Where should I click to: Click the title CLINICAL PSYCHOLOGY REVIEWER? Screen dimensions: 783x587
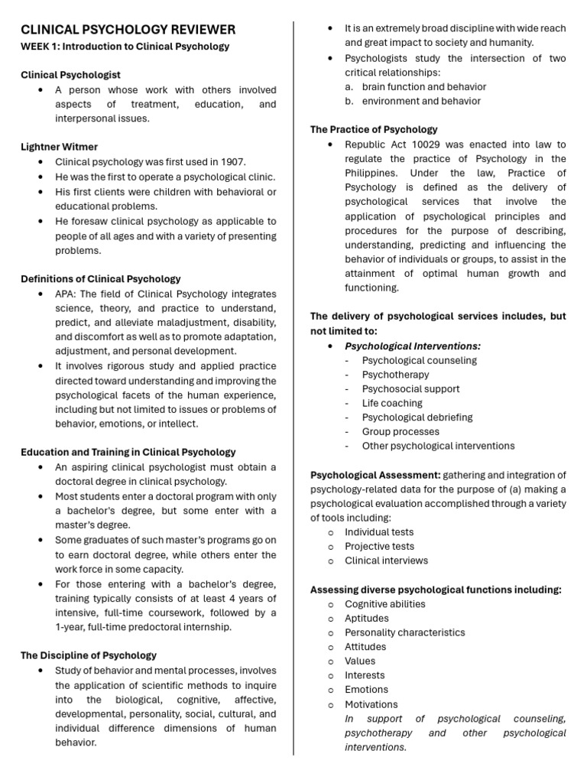(x=128, y=30)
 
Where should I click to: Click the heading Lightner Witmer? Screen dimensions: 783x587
(x=59, y=146)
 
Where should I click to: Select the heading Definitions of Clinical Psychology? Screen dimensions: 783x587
(x=100, y=278)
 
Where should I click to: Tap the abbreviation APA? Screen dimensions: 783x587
(x=64, y=294)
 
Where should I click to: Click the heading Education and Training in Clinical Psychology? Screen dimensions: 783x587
(x=128, y=452)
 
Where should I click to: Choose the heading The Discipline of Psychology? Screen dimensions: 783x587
(x=88, y=655)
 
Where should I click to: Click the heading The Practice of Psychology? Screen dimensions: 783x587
(x=374, y=129)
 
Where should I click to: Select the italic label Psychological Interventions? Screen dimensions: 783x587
(x=413, y=346)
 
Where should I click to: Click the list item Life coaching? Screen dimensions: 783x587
(x=392, y=403)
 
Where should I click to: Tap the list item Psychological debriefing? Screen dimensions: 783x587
(x=417, y=417)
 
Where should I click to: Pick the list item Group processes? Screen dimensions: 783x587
(x=400, y=431)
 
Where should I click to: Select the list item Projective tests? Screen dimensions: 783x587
(x=379, y=546)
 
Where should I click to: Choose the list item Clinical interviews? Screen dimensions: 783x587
(x=386, y=560)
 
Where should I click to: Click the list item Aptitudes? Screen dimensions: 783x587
(x=367, y=618)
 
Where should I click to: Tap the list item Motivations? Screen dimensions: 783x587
(x=371, y=704)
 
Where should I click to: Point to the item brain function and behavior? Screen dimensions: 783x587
(x=423, y=86)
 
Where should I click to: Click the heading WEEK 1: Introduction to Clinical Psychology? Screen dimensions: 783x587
(x=125, y=47)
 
